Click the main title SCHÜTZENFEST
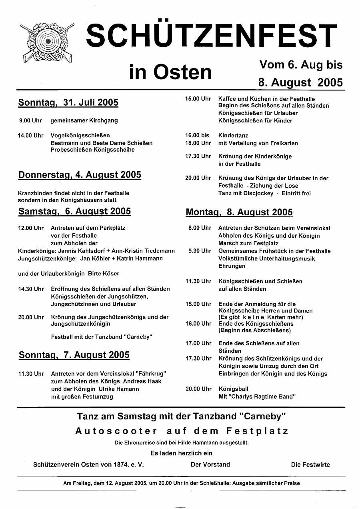click(212, 35)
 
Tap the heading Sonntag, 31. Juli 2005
click(68, 102)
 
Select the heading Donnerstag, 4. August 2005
click(80, 175)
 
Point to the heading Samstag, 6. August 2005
click(75, 211)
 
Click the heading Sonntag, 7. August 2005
click(74, 355)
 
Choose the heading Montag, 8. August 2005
click(239, 212)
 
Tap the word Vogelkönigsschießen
click(80, 136)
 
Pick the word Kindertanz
click(233, 136)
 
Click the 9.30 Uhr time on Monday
click(200, 251)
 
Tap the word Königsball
click(233, 389)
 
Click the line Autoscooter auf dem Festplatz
click(182, 431)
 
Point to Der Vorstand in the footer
click(210, 465)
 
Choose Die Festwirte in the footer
click(310, 465)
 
